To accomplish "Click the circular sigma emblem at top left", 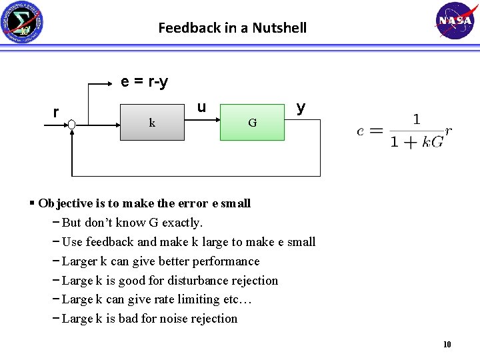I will [22, 23].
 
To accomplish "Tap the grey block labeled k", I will [152, 121].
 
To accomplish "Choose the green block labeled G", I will [252, 122].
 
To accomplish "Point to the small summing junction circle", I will [71, 124].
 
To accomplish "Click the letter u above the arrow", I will [201, 107].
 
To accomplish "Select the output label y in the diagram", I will [301, 107].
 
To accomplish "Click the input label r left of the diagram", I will [56, 111].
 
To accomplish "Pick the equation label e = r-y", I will [144, 82].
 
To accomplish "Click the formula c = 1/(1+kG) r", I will [404, 131].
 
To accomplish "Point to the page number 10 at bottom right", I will [447, 345].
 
